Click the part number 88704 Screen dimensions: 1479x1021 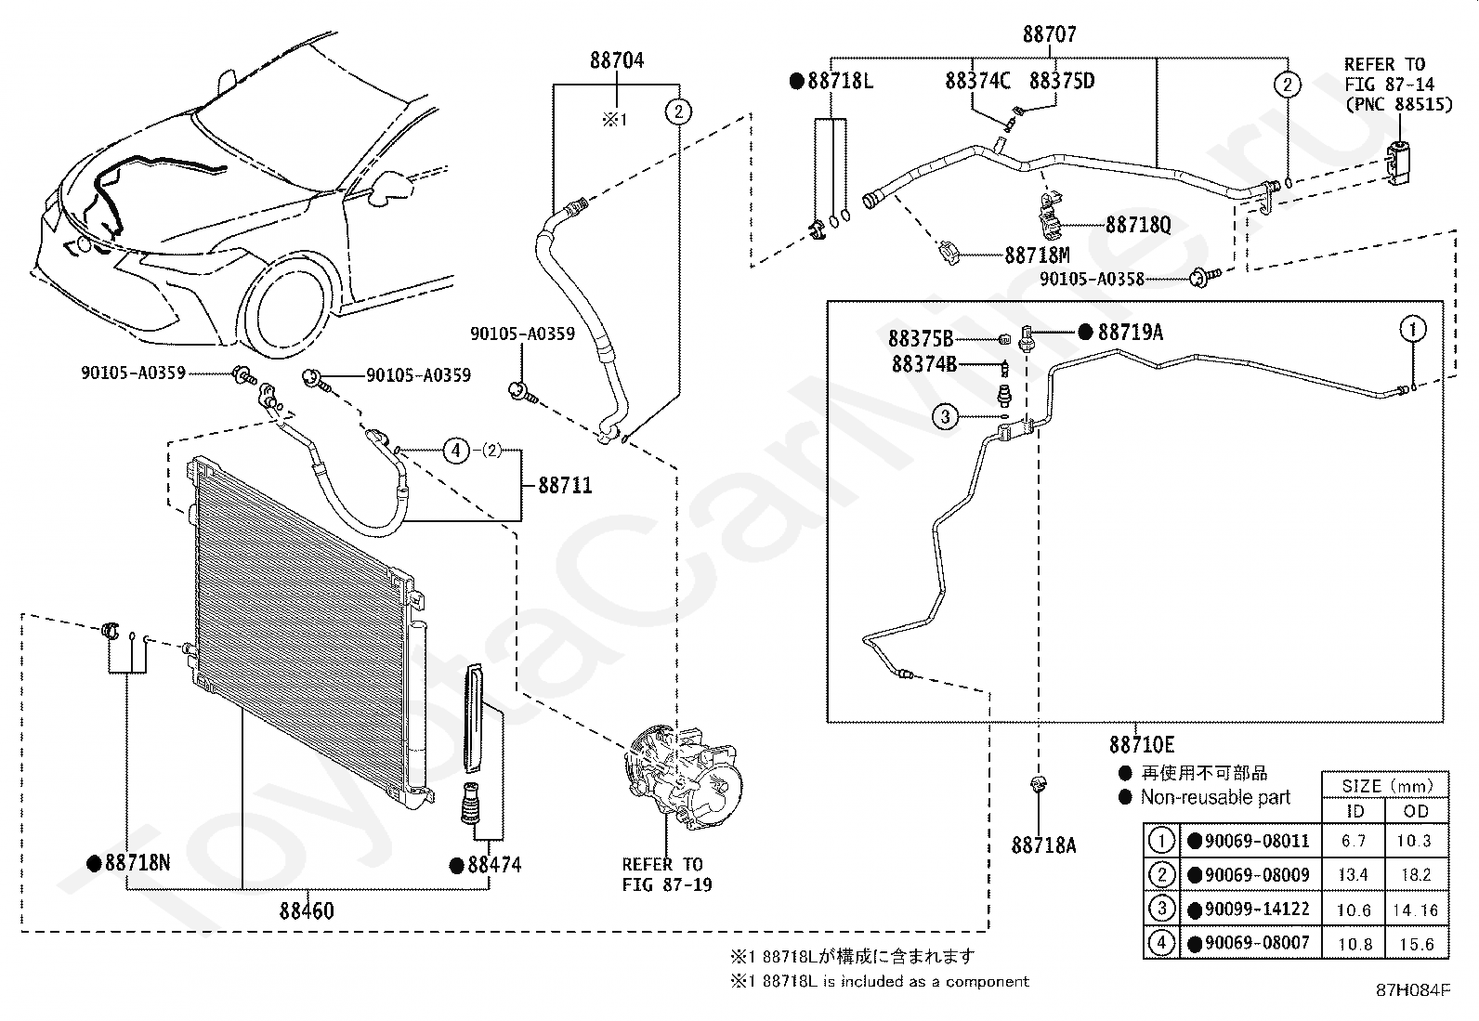coord(617,60)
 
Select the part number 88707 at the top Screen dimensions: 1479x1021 coord(1050,33)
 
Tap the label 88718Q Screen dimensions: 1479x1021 coord(1138,225)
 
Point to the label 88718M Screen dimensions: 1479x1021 coord(1038,255)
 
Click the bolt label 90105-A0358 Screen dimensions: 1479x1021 coord(1093,279)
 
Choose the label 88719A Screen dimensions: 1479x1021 coord(1130,333)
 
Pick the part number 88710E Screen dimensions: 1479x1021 coord(1142,745)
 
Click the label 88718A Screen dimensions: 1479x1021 coord(1044,844)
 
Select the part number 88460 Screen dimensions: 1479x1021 coord(307,910)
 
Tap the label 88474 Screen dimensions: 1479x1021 coord(494,865)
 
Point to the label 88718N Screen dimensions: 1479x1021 coord(137,862)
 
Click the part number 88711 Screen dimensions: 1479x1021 coord(565,485)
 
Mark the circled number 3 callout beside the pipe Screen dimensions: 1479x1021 coord(946,417)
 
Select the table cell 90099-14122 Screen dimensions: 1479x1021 coord(1256,909)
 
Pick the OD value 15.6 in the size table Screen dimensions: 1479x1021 coord(1416,944)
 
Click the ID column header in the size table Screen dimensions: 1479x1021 coord(1355,811)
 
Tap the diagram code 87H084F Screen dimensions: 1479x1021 coord(1413,989)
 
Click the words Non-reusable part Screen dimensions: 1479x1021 coord(1215,797)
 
